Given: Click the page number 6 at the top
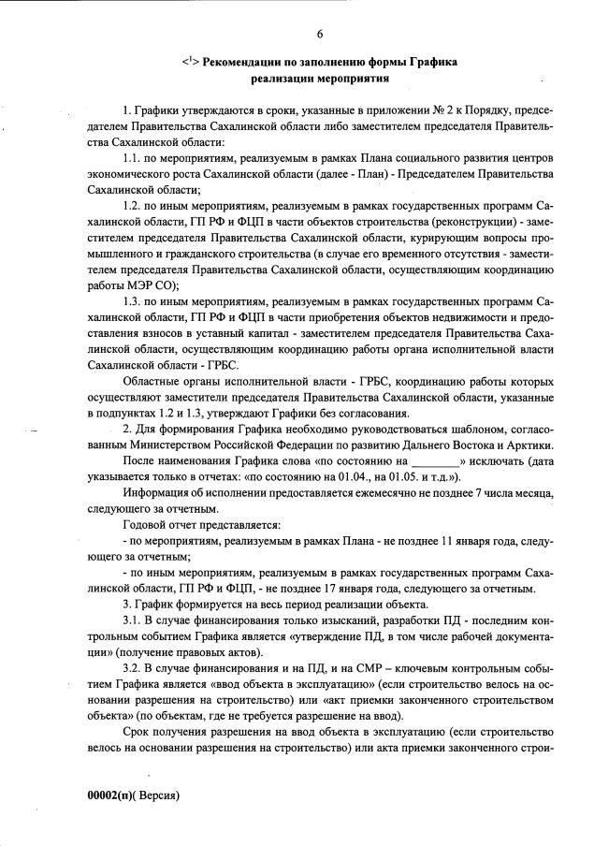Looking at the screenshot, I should click(x=319, y=35).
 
